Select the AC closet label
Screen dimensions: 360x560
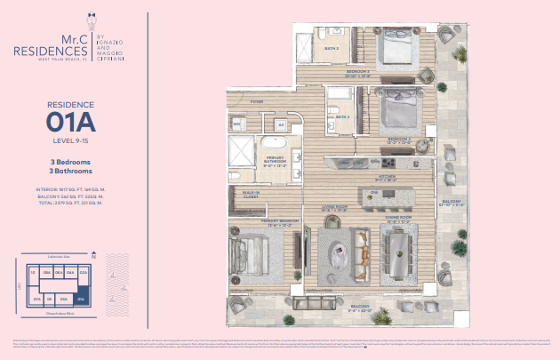coord(281,124)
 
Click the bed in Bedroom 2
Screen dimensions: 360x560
coord(391,110)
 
